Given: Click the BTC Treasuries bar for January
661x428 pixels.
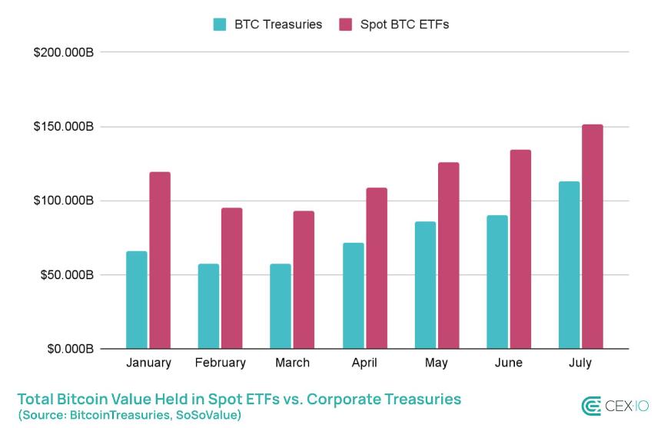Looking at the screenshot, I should click(x=137, y=300).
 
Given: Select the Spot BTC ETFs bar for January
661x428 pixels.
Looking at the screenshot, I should click(x=160, y=260).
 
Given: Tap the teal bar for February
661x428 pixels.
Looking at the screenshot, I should click(x=208, y=306).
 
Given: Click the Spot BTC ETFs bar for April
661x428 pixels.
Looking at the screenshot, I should click(x=377, y=268).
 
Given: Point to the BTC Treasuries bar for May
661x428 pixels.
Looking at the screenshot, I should click(x=425, y=285).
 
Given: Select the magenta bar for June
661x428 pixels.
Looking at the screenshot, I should click(x=520, y=249).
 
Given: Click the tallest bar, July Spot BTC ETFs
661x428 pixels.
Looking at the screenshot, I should click(x=593, y=237).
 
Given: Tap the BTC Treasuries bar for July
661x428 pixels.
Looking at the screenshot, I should click(x=570, y=265).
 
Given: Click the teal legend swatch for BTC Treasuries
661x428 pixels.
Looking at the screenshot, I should click(x=220, y=25).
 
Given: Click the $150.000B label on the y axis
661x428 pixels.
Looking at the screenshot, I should click(x=63, y=127).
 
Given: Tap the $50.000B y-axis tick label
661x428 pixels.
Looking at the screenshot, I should click(x=65, y=275).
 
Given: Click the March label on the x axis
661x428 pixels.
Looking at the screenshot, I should click(x=292, y=363).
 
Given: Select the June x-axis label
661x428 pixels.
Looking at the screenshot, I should click(x=509, y=363).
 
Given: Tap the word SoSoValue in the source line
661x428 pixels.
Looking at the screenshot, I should click(x=208, y=415).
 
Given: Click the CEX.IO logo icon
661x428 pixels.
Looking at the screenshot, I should click(x=591, y=406).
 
